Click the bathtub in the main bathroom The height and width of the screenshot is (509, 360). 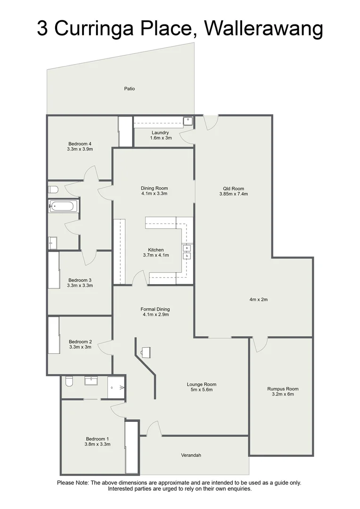click(63, 206)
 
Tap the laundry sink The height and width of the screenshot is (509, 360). click(188, 121)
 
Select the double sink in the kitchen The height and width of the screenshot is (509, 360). click(187, 252)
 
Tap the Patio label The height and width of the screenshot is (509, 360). click(130, 88)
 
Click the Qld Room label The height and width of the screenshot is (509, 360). click(235, 188)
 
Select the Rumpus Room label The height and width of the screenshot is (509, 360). click(283, 389)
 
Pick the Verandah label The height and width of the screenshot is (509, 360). click(191, 455)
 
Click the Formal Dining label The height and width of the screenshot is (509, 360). click(155, 309)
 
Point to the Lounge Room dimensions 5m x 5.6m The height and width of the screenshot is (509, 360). click(201, 390)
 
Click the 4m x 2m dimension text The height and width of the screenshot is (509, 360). click(259, 299)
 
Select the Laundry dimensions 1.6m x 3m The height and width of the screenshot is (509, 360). click(160, 138)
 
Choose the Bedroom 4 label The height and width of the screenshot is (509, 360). click(80, 143)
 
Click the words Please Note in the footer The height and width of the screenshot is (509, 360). click(73, 483)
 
